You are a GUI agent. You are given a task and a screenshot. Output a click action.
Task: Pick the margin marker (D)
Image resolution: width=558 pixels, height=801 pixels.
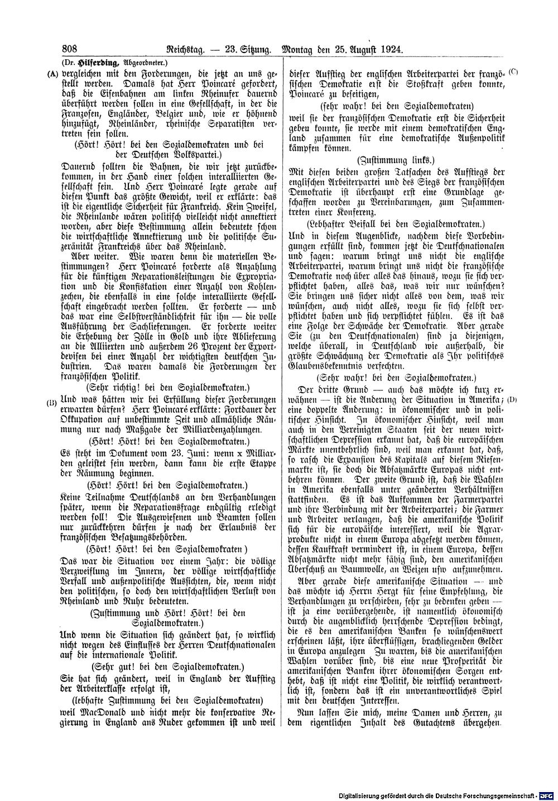tap(513, 400)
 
